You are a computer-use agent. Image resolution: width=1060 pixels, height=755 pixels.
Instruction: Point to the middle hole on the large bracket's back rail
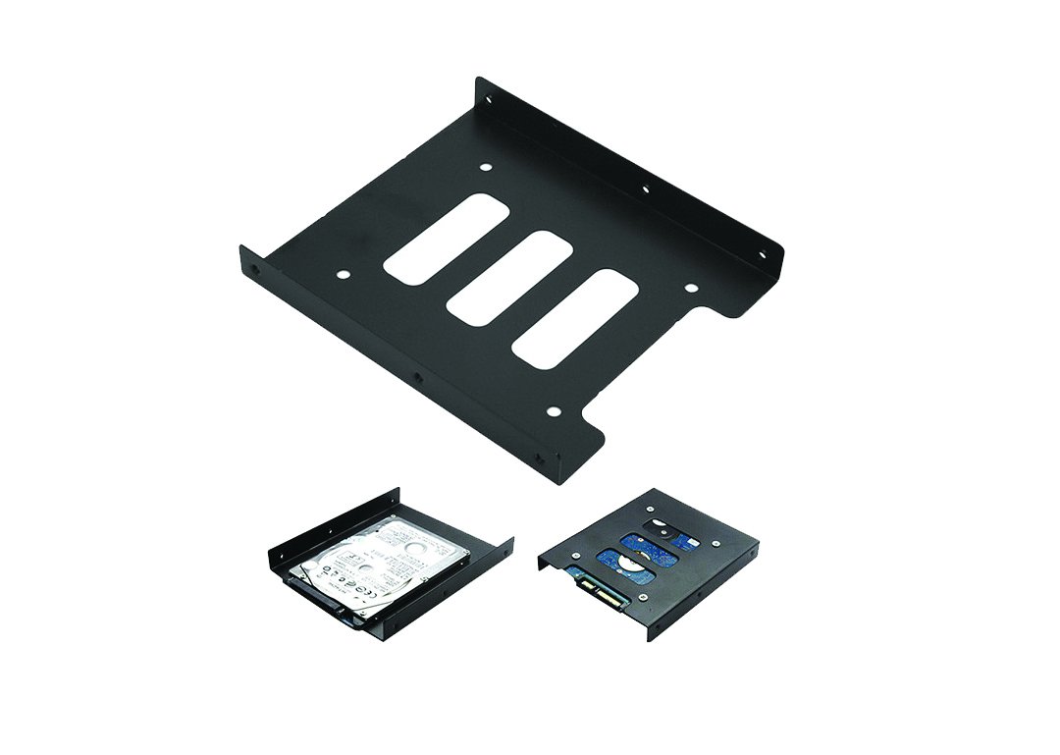tap(645, 189)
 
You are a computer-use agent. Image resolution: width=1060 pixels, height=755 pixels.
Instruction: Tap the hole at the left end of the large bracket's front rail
tap(257, 266)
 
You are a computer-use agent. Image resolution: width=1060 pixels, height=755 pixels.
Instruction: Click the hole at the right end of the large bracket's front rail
tap(540, 458)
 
